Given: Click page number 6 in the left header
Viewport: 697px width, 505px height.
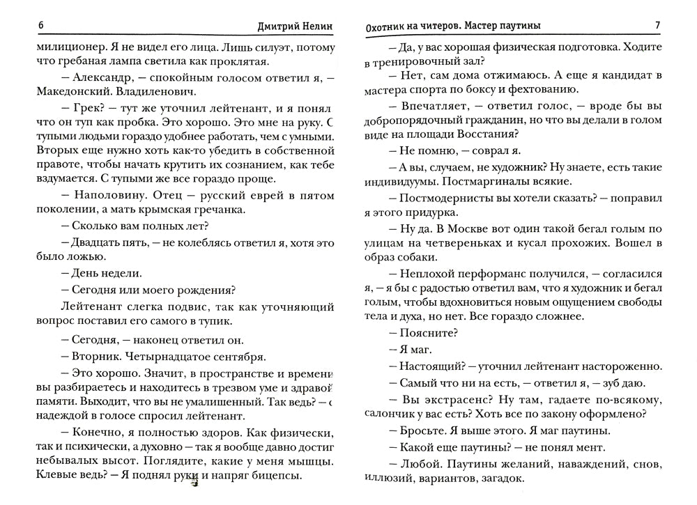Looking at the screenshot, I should (x=42, y=26).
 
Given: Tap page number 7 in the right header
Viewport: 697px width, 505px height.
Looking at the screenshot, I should (x=657, y=26).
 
